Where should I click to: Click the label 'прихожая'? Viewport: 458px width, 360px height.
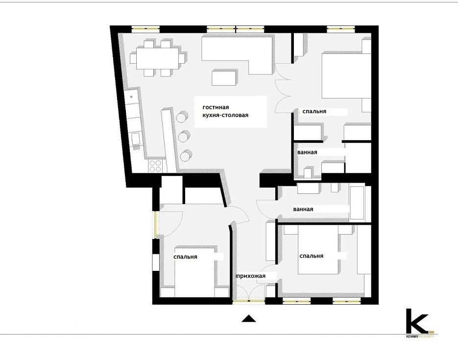tap(251, 276)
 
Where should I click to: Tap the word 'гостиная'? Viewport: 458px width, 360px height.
tap(216, 107)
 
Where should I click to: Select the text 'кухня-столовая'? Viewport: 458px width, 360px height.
tap(225, 115)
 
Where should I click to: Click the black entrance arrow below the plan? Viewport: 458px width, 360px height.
tap(248, 318)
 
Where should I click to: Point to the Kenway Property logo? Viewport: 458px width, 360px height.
tap(420, 323)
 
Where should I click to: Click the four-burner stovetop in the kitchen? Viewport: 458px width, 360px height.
tap(155, 166)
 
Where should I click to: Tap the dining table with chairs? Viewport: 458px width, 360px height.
tap(158, 58)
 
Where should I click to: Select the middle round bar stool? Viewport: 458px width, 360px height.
tap(184, 136)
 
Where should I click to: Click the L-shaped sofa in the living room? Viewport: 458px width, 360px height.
tap(237, 54)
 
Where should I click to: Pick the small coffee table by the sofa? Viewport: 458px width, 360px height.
tap(224, 77)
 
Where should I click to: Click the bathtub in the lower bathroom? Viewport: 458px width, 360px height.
tap(357, 203)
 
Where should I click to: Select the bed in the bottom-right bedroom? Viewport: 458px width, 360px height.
tap(319, 250)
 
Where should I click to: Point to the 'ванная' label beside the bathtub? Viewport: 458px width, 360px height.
tap(303, 209)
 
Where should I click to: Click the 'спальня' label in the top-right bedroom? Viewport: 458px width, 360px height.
tap(314, 111)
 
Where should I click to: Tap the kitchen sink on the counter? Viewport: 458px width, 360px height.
tap(136, 139)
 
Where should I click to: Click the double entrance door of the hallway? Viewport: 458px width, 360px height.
tap(249, 292)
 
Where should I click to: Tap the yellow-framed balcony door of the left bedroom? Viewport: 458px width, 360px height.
tap(156, 224)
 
